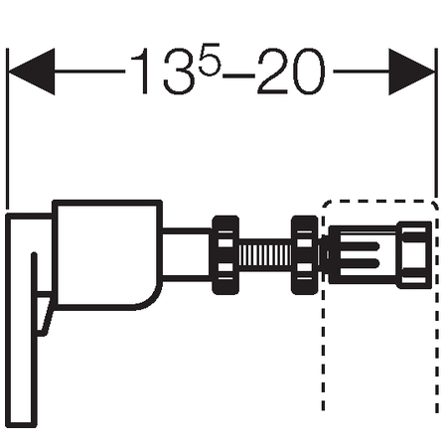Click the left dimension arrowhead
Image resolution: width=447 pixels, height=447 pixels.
pos(32,72)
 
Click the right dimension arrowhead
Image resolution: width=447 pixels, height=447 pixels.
pos(411,72)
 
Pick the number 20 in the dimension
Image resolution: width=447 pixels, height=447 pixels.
pos(291,72)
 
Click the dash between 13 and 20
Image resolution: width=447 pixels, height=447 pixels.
pos(238,75)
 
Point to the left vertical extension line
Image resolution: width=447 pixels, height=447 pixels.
pos(7,128)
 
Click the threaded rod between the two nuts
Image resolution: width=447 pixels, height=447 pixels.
pos(265,255)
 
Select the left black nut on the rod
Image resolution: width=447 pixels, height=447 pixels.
pos(225,255)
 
